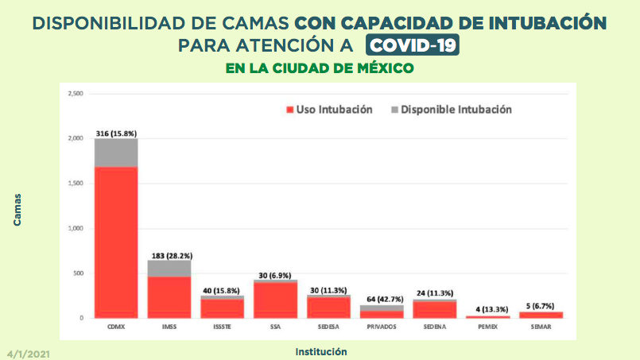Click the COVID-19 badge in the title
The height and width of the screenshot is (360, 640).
click(x=412, y=45)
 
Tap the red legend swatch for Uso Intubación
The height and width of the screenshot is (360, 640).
click(x=289, y=110)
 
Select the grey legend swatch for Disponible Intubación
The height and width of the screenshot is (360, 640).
click(x=394, y=110)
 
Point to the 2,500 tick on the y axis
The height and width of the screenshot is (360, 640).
click(x=76, y=94)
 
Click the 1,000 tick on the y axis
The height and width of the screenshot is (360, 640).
click(x=76, y=229)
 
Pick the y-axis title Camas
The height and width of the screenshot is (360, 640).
click(x=17, y=210)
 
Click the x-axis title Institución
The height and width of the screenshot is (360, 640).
click(x=320, y=350)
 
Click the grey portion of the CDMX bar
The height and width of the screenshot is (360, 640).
click(x=116, y=153)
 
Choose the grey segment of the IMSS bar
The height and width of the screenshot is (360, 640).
click(x=169, y=268)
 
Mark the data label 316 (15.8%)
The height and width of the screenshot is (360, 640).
click(x=116, y=133)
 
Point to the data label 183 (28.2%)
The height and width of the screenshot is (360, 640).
click(x=169, y=255)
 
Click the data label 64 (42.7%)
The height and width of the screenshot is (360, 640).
click(x=382, y=299)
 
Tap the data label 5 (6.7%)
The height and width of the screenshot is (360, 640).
click(x=541, y=305)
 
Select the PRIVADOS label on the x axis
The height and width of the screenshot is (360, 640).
click(x=382, y=327)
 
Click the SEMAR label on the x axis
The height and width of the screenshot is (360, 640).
click(x=541, y=327)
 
